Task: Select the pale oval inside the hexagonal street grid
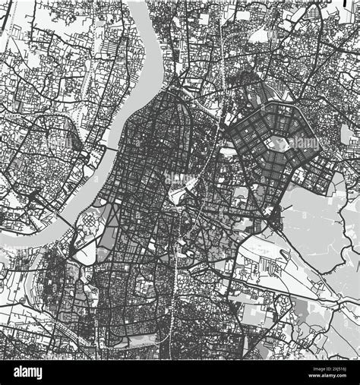[280, 142]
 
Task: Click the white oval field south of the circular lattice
[84, 251]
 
